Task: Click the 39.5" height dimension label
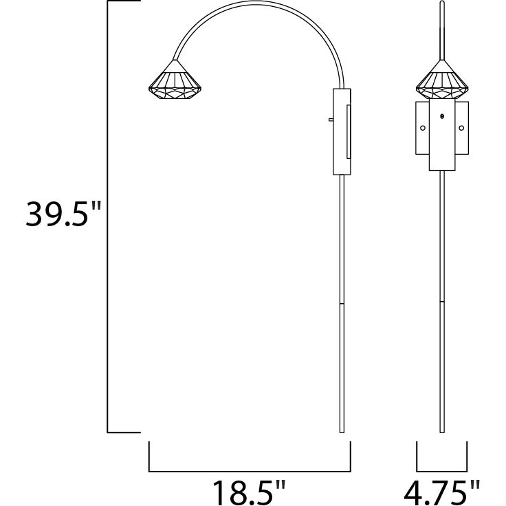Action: (x=63, y=215)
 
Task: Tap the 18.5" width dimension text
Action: (x=248, y=492)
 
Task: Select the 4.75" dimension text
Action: (x=442, y=492)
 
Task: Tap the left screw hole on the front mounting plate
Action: (x=423, y=128)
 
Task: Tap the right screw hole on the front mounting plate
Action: (x=462, y=128)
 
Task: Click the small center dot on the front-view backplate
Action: (x=443, y=116)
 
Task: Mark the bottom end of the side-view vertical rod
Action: (x=342, y=431)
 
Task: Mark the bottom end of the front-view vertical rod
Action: (x=442, y=431)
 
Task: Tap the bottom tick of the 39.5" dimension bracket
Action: (x=124, y=432)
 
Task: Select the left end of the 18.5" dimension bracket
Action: (x=149, y=457)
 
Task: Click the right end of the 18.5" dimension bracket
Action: (x=351, y=457)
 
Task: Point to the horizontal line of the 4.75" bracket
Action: (x=442, y=472)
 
